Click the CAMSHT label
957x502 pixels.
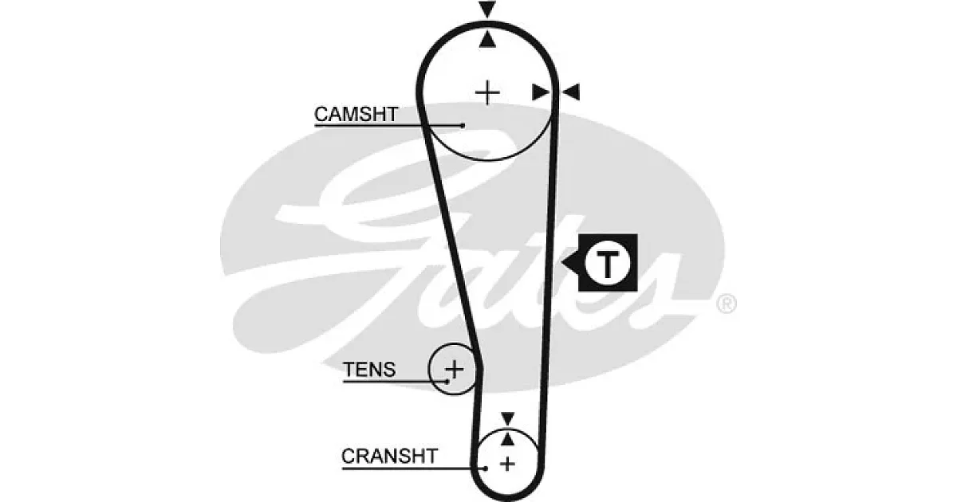356,115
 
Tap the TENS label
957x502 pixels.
369,370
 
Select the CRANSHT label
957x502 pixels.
389,457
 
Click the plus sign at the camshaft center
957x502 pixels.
487,92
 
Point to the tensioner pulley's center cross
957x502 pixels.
455,369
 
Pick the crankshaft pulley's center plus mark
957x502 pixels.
507,464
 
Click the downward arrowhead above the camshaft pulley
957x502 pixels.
487,10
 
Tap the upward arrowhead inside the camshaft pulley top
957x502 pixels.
487,39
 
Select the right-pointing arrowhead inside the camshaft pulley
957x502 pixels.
541,92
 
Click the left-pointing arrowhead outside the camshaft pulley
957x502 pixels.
571,92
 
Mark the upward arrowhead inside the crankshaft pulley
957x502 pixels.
507,439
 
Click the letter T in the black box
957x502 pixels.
607,265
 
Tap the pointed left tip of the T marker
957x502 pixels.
563,262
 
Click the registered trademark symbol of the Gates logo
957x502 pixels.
727,304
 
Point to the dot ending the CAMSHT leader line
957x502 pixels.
463,126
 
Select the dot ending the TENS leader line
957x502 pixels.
447,381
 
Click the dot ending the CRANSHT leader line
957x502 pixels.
486,469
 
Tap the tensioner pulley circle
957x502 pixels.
428,369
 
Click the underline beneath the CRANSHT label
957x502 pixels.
414,469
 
